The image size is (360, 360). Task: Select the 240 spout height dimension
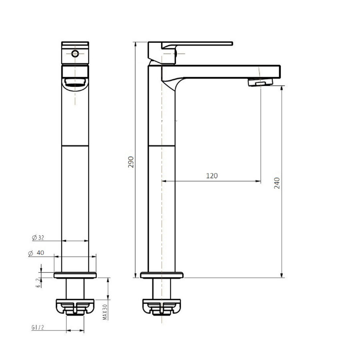(278, 182)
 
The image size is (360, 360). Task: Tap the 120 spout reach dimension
(212, 176)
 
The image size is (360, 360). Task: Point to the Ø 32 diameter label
(38, 238)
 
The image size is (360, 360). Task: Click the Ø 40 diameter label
(36, 253)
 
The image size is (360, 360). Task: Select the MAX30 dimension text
(104, 310)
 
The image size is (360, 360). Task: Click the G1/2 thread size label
(37, 327)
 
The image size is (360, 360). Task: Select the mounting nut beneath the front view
(75, 307)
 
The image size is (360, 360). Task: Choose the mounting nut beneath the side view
(162, 307)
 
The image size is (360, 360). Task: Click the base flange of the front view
(75, 275)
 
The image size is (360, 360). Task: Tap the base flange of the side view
(162, 275)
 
